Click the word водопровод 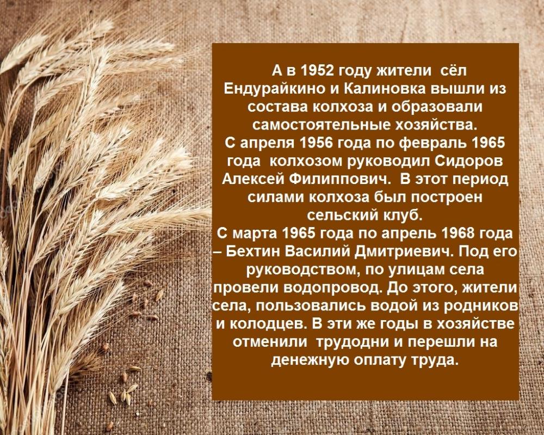point(333,289)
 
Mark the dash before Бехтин point(217,253)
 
